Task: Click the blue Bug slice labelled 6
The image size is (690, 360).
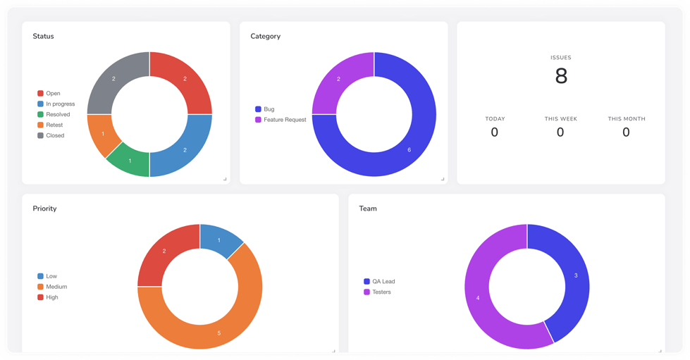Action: [405, 144]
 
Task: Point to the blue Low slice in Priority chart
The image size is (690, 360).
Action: [219, 240]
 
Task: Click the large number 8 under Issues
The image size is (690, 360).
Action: [561, 76]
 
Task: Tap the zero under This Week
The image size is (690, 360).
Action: [560, 132]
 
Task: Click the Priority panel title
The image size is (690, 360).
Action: [44, 209]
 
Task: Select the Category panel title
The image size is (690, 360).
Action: [265, 36]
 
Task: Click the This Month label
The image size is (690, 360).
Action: [627, 119]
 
